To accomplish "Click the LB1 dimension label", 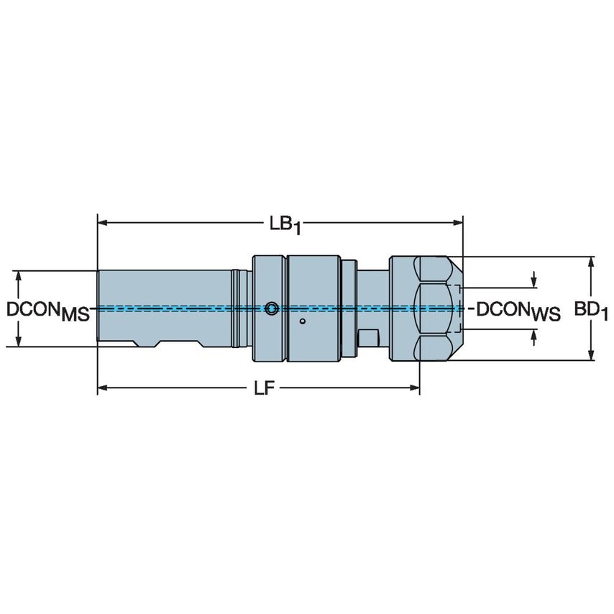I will [285, 224].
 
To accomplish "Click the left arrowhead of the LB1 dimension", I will [103, 222].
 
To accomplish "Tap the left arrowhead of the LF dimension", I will [103, 388].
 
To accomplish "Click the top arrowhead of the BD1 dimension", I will [591, 261].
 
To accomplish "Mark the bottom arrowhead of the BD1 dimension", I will [591, 354].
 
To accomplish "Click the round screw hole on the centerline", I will [270, 309].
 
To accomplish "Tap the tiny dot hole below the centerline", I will [303, 321].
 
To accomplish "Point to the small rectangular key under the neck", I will [369, 337].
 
